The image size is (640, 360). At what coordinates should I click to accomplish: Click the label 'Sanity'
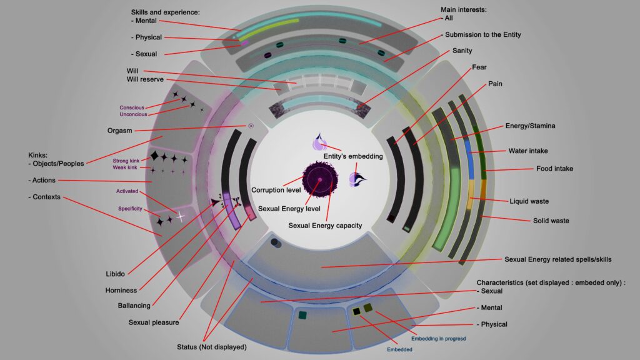coord(463,51)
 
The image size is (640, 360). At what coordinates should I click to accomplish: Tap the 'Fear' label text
coord(480,67)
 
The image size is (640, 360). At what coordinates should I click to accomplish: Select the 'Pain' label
coord(495,83)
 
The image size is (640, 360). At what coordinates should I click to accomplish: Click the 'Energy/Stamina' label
coord(531,126)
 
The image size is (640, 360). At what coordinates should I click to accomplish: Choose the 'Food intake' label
coord(554,169)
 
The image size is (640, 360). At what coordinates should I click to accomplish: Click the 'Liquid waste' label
coord(529,201)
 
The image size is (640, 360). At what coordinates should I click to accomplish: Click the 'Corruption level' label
coord(276,189)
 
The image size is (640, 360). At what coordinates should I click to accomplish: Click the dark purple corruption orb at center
coord(319,180)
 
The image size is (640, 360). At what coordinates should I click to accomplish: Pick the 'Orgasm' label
coord(120,131)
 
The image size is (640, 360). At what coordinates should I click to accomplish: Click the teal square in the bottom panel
coord(302,315)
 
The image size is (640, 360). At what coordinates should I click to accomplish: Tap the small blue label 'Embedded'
coord(400,349)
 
